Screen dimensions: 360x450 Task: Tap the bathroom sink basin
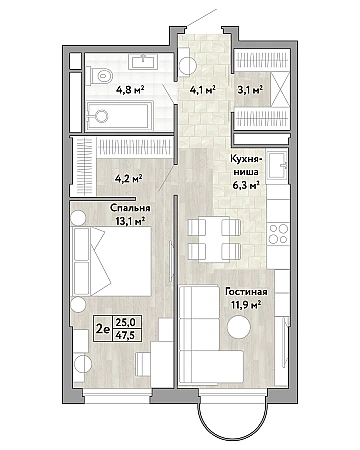click(144, 62)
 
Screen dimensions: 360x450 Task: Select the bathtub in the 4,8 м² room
click(119, 116)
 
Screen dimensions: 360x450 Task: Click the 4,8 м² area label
click(130, 90)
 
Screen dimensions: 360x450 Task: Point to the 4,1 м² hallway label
click(203, 90)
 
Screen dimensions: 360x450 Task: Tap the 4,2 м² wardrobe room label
click(129, 178)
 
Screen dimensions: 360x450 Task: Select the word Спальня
click(130, 209)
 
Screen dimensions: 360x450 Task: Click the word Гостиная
click(246, 292)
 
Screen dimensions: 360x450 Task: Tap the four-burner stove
click(278, 234)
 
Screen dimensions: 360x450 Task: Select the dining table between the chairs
click(214, 239)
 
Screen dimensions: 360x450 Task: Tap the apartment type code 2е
click(103, 329)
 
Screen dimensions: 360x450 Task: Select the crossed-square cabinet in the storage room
click(279, 89)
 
